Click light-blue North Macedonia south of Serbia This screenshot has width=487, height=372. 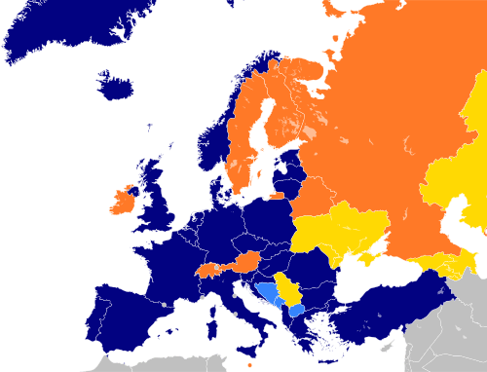click(x=296, y=311)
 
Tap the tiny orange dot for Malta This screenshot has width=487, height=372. click(x=249, y=365)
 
